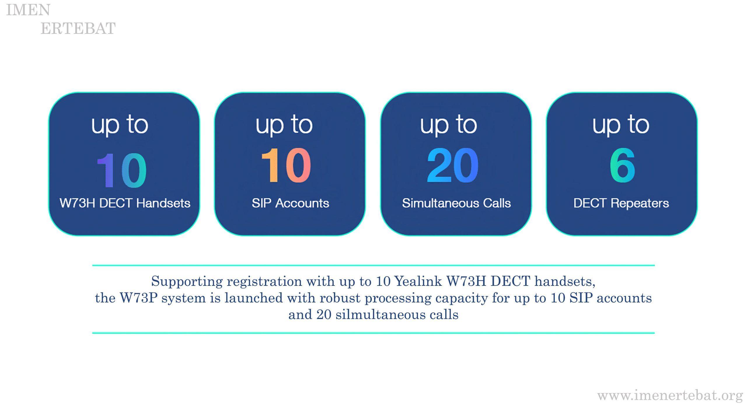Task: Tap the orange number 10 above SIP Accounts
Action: (286, 165)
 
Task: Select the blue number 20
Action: (453, 165)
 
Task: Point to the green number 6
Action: (622, 166)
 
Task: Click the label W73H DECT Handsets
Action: (125, 203)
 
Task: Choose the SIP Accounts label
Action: (290, 203)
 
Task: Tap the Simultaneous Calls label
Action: (456, 203)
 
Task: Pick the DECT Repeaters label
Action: (621, 203)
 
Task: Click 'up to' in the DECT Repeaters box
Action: (621, 125)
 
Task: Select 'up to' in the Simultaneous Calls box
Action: (448, 125)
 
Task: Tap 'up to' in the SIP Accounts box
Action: (284, 125)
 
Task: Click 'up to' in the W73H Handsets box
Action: (120, 125)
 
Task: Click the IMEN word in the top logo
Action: (28, 10)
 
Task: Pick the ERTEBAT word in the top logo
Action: (78, 28)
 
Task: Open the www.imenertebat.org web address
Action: (670, 396)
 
